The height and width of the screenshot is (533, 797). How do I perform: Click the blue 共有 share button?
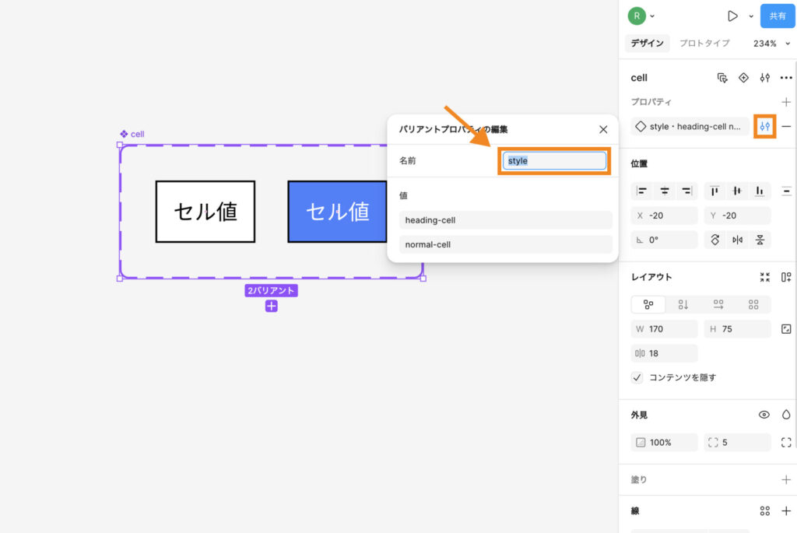point(778,16)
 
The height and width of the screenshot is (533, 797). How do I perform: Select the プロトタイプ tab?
point(704,44)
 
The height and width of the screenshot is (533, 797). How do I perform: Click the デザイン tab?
point(648,44)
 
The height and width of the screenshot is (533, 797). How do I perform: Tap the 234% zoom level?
point(765,44)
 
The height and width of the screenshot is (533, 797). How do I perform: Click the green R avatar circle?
point(637,16)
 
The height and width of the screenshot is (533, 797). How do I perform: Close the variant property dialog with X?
point(603,130)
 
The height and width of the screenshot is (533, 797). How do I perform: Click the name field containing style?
point(554,161)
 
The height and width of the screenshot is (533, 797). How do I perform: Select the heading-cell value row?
point(506,220)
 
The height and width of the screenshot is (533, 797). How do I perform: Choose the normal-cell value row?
point(506,244)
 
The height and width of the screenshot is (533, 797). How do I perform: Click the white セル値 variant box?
point(205,212)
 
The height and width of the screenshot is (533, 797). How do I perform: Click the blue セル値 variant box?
point(337,212)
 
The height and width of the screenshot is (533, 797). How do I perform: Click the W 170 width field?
point(664,329)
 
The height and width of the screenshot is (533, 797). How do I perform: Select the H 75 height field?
point(737,329)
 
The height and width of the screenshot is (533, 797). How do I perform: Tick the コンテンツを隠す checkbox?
point(637,377)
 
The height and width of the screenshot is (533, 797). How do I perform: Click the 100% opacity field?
point(664,443)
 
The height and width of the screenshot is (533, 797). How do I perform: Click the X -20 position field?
point(664,216)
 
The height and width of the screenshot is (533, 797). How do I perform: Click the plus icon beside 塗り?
point(786,480)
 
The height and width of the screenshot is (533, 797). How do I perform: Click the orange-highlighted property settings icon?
point(766,126)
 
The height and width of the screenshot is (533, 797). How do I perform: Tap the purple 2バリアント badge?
point(272,291)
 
